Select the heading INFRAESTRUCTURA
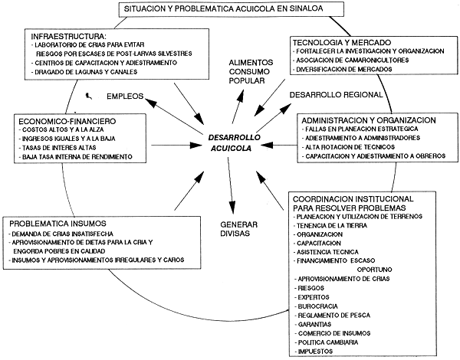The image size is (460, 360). click(67, 37)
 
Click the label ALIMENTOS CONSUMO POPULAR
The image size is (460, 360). click(248, 71)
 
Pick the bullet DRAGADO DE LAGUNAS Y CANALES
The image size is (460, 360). click(85, 72)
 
